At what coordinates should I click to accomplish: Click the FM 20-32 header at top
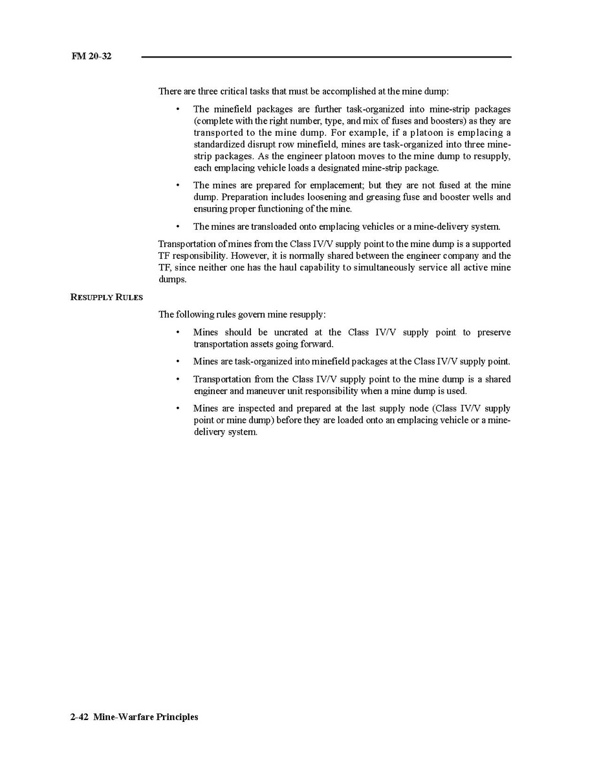[x=91, y=56]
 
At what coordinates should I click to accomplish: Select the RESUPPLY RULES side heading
[x=106, y=297]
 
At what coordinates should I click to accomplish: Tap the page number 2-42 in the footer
[x=80, y=717]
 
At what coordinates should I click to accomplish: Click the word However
[x=248, y=256]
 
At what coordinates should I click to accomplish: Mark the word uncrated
[x=290, y=333]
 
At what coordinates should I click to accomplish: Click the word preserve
[x=494, y=333]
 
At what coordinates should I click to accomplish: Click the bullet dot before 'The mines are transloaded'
[x=177, y=226]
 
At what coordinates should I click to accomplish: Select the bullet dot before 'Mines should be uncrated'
[x=177, y=333]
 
